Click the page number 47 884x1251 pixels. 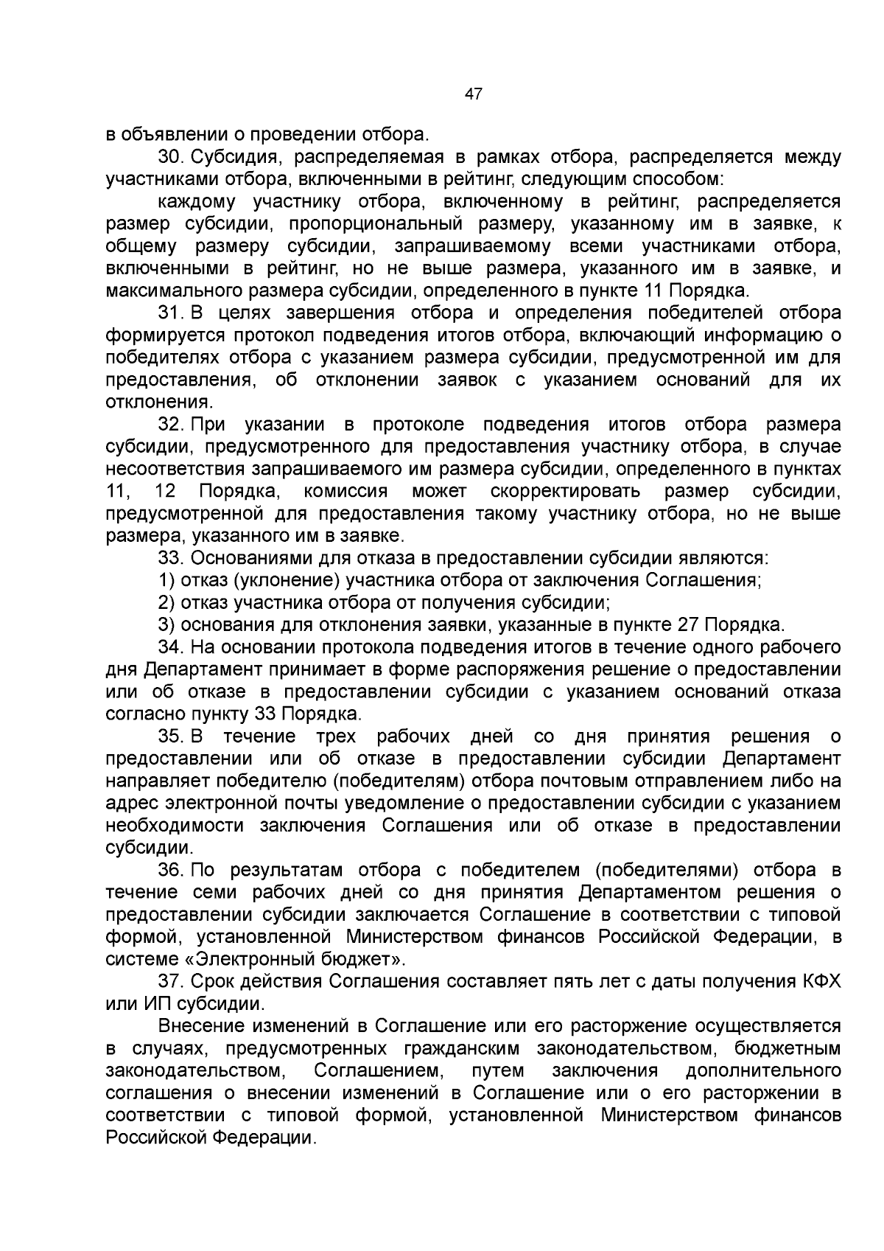pyautogui.click(x=474, y=94)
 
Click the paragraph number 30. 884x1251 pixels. pyautogui.click(x=171, y=157)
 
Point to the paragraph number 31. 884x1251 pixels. pyautogui.click(x=171, y=313)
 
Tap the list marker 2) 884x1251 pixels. pyautogui.click(x=166, y=603)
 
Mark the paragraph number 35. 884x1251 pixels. pyautogui.click(x=171, y=736)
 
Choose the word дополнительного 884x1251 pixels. pyautogui.click(x=763, y=1070)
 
